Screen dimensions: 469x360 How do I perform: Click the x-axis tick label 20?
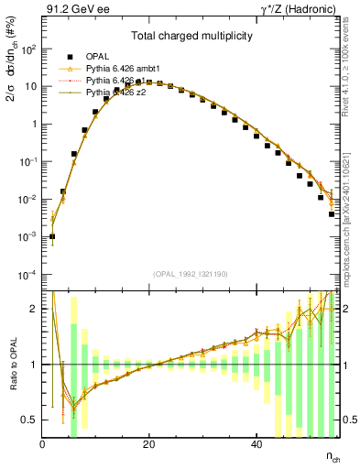[x=148, y=445]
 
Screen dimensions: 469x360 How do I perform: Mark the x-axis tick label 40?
[x=255, y=445]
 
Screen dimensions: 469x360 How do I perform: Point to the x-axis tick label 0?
[x=42, y=445]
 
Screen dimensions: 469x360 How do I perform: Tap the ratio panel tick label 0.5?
[x=29, y=420]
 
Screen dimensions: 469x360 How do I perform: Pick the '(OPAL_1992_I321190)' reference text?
[x=191, y=274]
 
